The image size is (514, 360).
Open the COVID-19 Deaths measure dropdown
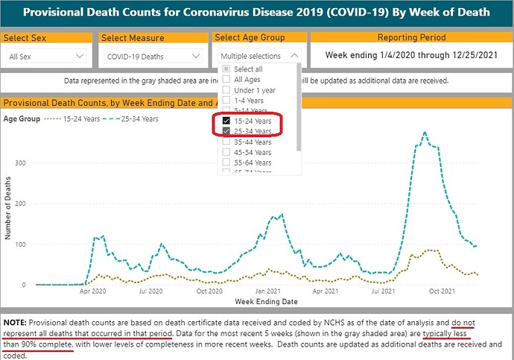coord(152,56)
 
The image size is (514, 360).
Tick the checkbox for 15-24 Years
coord(227,121)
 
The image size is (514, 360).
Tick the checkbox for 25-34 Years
coord(227,131)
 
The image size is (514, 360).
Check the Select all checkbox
coord(227,69)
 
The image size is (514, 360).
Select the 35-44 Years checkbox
coord(227,142)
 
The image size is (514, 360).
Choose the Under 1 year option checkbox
coord(227,89)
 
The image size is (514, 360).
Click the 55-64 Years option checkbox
coord(227,162)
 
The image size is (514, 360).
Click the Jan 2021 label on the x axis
coord(268,291)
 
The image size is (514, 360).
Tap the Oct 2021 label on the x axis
coord(442,291)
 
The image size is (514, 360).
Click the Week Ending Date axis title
coord(266,302)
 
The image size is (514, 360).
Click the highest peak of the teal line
coord(425,133)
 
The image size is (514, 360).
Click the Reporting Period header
coord(411,37)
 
